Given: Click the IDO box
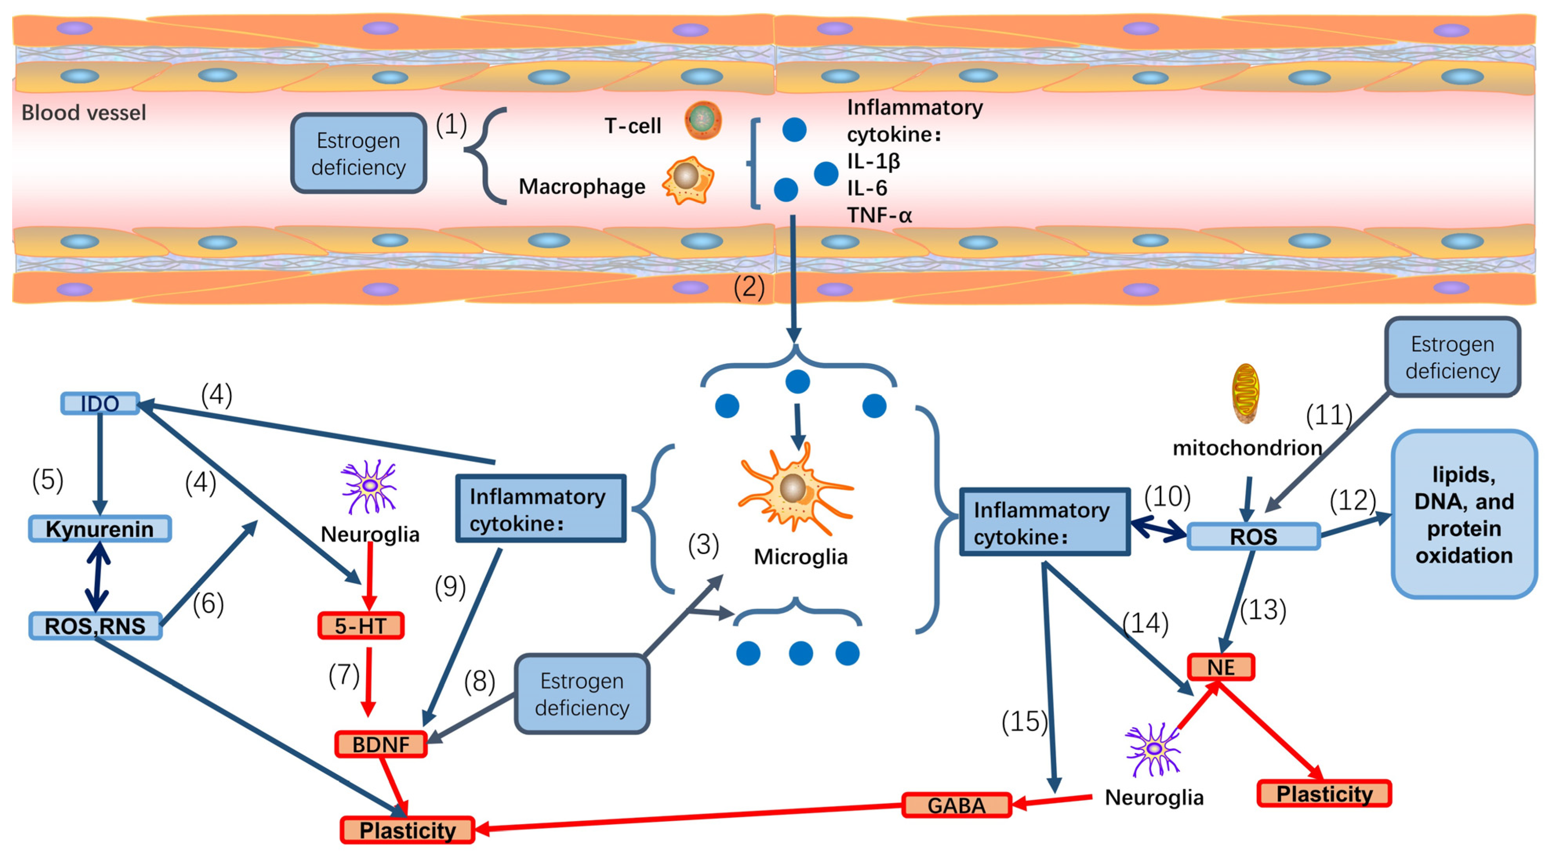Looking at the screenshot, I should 100,403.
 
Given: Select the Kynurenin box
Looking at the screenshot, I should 100,529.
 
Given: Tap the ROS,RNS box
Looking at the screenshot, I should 95,625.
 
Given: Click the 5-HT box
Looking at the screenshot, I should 360,625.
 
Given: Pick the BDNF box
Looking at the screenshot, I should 381,744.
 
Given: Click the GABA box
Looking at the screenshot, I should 956,805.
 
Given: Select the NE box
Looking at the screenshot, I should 1221,667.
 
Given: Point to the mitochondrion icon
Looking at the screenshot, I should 1246,393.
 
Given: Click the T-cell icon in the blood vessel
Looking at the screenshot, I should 702,120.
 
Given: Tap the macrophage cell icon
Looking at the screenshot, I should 688,180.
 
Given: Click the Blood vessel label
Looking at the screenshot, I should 84,113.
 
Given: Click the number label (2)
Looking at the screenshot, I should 749,287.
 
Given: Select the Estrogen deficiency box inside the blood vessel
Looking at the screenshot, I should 359,154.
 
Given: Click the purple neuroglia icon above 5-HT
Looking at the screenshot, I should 369,486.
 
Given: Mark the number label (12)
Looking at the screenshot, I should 1353,500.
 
